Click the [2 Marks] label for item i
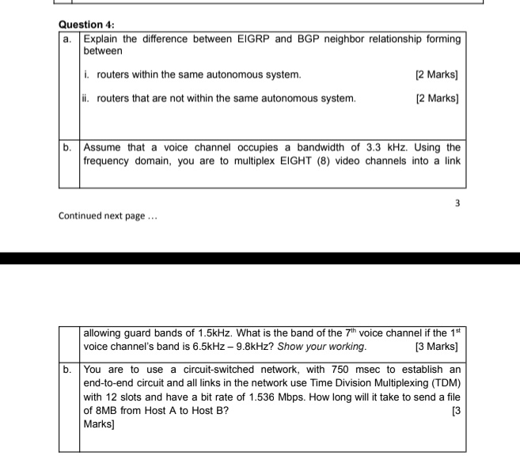tap(437, 74)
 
